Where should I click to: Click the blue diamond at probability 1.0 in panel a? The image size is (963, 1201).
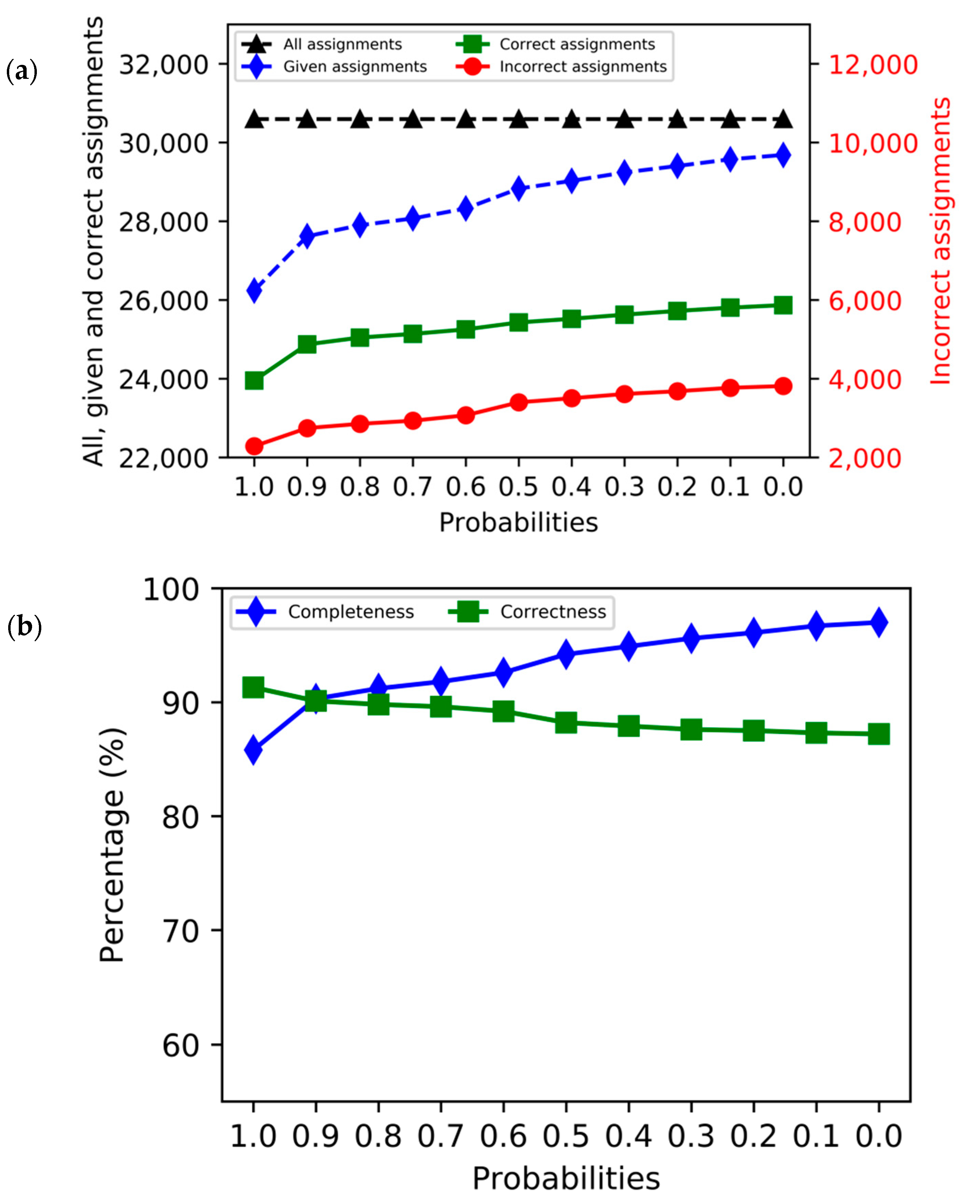click(x=254, y=290)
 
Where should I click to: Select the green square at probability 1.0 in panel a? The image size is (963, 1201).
click(x=254, y=381)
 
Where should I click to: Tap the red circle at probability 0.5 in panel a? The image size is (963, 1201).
click(x=519, y=402)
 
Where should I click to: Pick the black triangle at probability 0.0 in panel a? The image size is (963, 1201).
click(x=783, y=119)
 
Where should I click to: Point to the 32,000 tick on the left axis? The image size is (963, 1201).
click(x=163, y=65)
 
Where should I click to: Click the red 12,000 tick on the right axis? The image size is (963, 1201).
click(x=873, y=65)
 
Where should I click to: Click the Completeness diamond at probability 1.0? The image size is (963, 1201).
click(x=254, y=749)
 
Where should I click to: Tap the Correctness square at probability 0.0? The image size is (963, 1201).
click(x=879, y=734)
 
